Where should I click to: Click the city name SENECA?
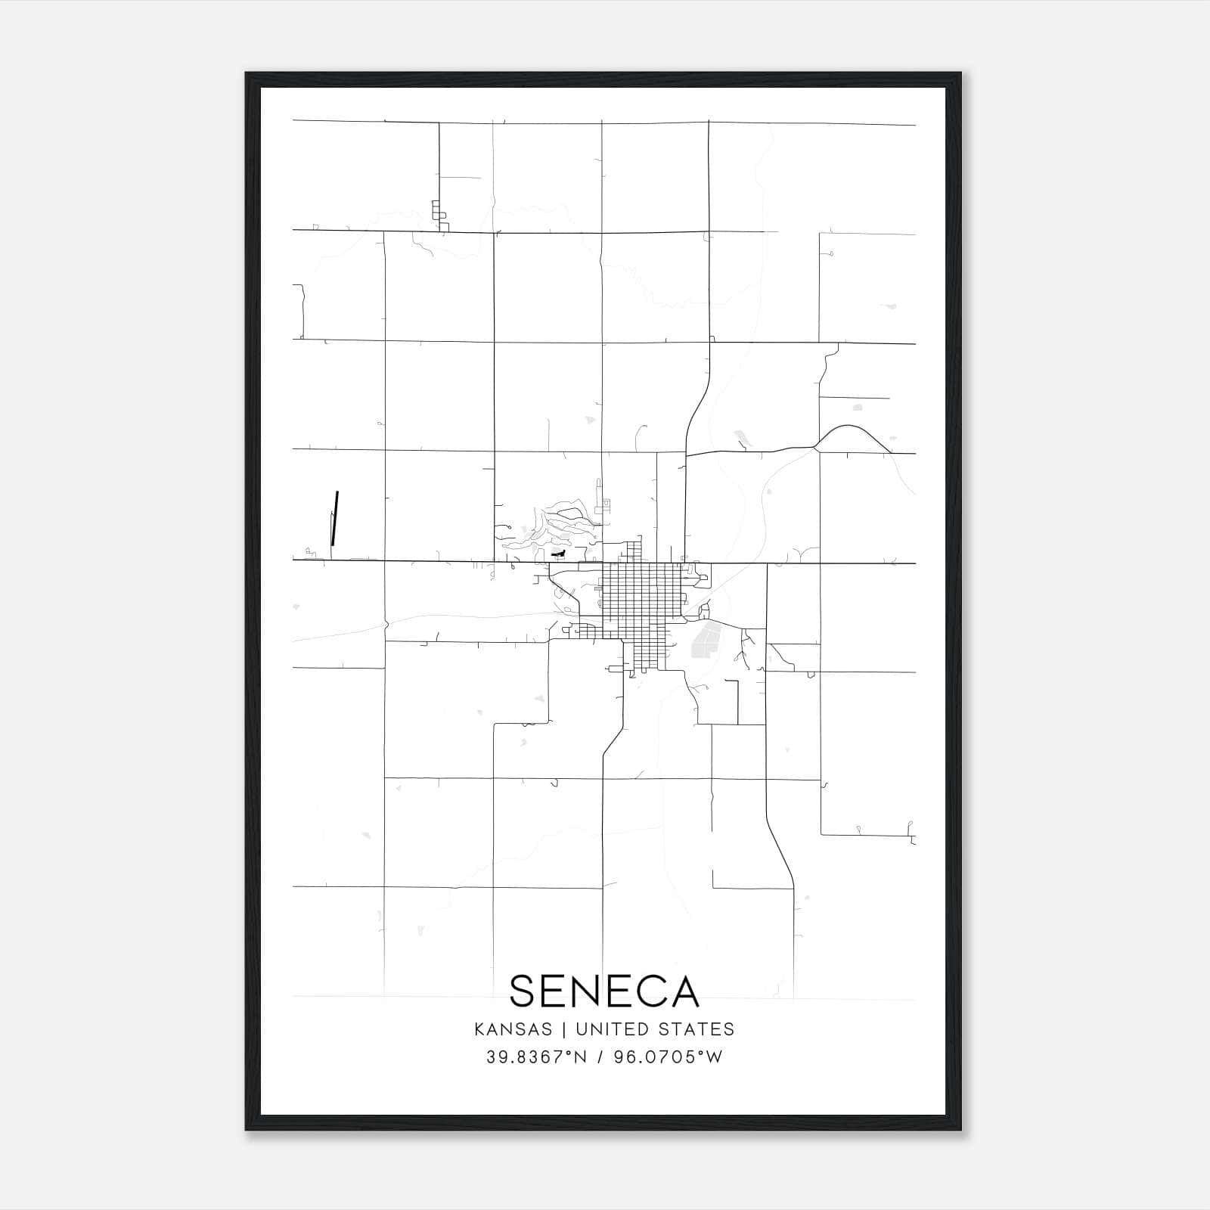[604, 991]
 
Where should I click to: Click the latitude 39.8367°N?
[537, 1056]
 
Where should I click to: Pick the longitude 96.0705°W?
[668, 1056]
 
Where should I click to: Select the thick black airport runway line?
[334, 518]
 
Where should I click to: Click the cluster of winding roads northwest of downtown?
[556, 526]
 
